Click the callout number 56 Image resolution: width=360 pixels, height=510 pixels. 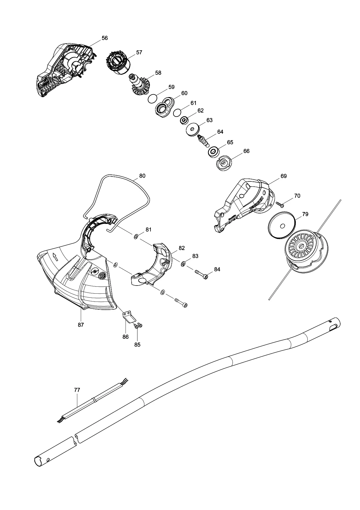[x=105, y=38]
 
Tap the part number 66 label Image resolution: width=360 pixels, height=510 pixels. [x=246, y=151]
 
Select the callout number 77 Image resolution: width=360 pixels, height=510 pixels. [x=77, y=390]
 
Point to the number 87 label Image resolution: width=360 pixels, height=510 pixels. [x=81, y=325]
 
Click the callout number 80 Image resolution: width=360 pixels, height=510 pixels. [x=142, y=176]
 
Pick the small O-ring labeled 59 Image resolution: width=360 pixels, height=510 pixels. [x=153, y=99]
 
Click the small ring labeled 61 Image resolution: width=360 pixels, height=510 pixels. [x=177, y=113]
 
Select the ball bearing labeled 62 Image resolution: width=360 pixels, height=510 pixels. [x=184, y=120]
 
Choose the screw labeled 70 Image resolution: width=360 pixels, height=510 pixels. [x=280, y=204]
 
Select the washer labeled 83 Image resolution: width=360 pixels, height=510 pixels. [x=184, y=264]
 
